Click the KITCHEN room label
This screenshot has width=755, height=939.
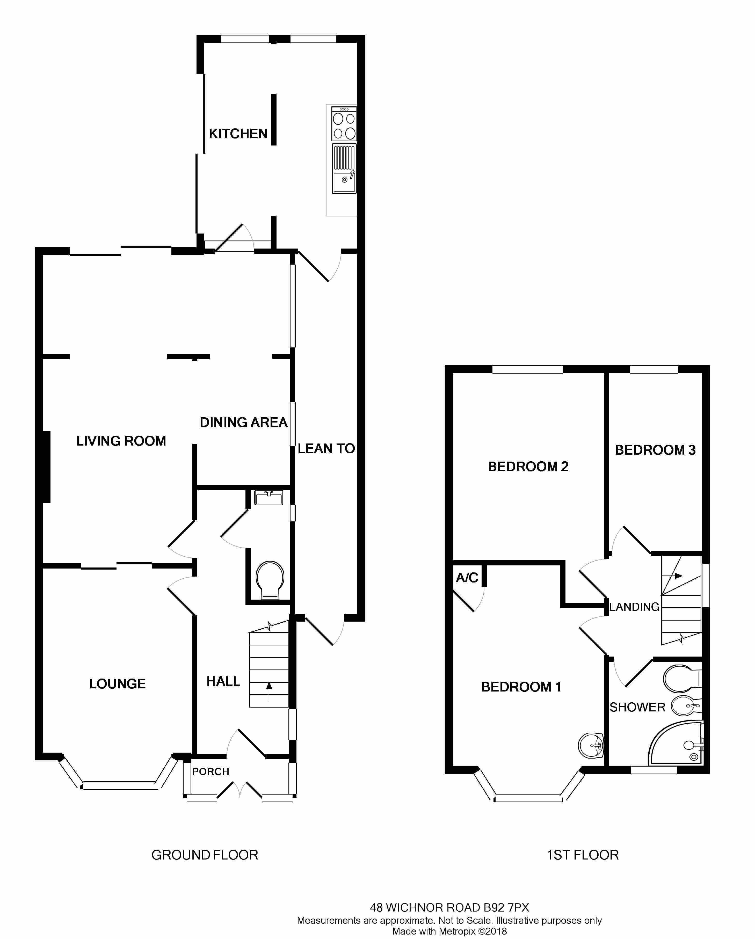(x=238, y=133)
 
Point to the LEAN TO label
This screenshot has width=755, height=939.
(x=326, y=449)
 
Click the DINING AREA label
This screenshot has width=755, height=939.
(x=243, y=422)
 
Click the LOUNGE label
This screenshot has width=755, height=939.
(x=117, y=684)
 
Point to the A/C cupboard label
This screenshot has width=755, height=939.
(x=467, y=578)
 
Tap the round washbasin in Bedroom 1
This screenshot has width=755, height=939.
(x=591, y=746)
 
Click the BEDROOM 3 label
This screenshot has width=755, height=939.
(x=655, y=450)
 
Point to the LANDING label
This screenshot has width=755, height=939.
(x=634, y=607)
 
